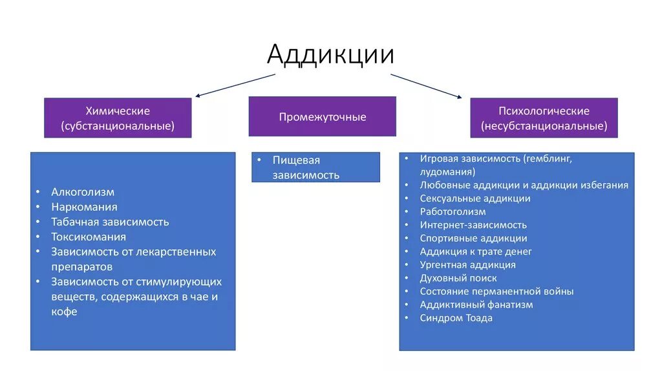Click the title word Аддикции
point(330,54)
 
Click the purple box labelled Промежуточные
point(322,117)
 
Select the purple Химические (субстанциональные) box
point(118,118)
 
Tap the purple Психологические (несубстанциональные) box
point(544,118)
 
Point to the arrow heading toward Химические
point(235,85)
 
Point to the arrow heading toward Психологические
point(426,85)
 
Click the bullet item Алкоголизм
point(83,192)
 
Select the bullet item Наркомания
point(85,207)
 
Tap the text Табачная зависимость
point(110,222)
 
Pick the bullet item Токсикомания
point(89,237)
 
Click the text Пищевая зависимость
point(306,167)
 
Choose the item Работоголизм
point(453,211)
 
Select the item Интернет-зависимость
point(473,225)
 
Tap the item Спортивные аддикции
point(473,238)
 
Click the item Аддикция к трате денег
point(476,251)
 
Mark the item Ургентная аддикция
point(467,264)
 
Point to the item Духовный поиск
point(458,278)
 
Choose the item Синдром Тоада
point(456,318)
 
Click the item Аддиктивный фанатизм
point(476,304)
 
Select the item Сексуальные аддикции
point(475,198)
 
